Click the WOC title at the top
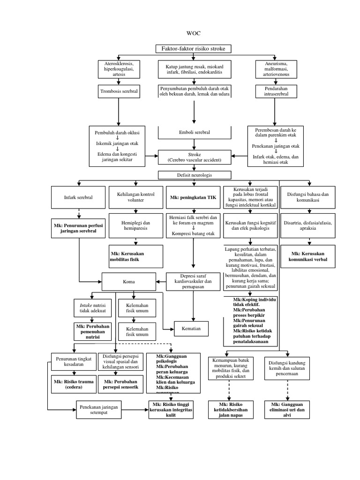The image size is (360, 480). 193,34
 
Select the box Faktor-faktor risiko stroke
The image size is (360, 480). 193,49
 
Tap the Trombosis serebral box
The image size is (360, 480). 119,91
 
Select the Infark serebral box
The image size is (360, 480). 78,197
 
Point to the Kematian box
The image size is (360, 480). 192,328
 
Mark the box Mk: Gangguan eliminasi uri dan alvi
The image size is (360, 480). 287,410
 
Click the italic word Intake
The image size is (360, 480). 86,305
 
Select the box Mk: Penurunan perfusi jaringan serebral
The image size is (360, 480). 78,228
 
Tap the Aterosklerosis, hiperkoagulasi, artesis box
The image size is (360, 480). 119,69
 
